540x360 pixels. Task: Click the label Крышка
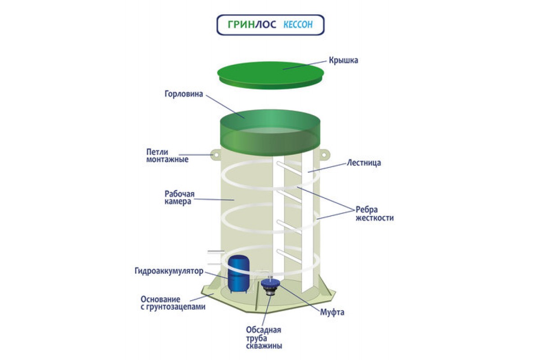click(343, 60)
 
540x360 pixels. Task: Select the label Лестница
click(364, 163)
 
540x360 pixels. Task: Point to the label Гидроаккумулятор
click(169, 271)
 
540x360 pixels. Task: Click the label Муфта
click(332, 312)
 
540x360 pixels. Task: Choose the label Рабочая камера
click(179, 198)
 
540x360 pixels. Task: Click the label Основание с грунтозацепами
click(173, 303)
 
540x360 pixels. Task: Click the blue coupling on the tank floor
click(270, 285)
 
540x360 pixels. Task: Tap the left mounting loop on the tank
click(215, 154)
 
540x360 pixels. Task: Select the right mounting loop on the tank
click(324, 154)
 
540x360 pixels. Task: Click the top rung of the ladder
click(288, 167)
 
